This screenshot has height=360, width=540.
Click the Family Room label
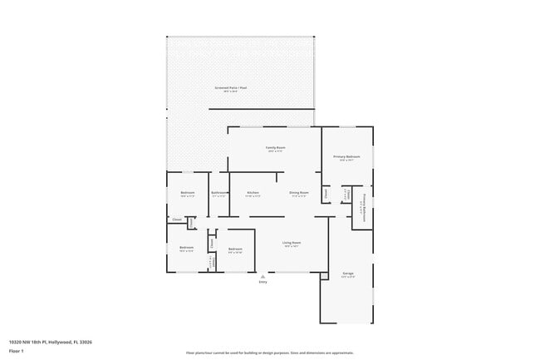pos(275,147)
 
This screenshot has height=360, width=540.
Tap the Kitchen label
pos(253,192)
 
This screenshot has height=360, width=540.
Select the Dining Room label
pos(299,192)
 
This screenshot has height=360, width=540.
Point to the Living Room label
pos(292,241)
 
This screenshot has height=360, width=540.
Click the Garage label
pos(347,273)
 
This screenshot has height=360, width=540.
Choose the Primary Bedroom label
pos(346,156)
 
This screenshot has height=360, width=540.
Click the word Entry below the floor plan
pos(263,283)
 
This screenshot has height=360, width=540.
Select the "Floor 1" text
pos(16,351)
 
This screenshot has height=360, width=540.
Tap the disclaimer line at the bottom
pos(269,353)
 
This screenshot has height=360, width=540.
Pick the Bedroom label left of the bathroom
pos(187,192)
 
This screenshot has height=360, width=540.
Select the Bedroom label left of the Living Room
pos(235,248)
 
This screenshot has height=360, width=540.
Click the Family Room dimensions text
pos(275,151)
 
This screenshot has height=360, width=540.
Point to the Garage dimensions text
pos(347,277)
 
